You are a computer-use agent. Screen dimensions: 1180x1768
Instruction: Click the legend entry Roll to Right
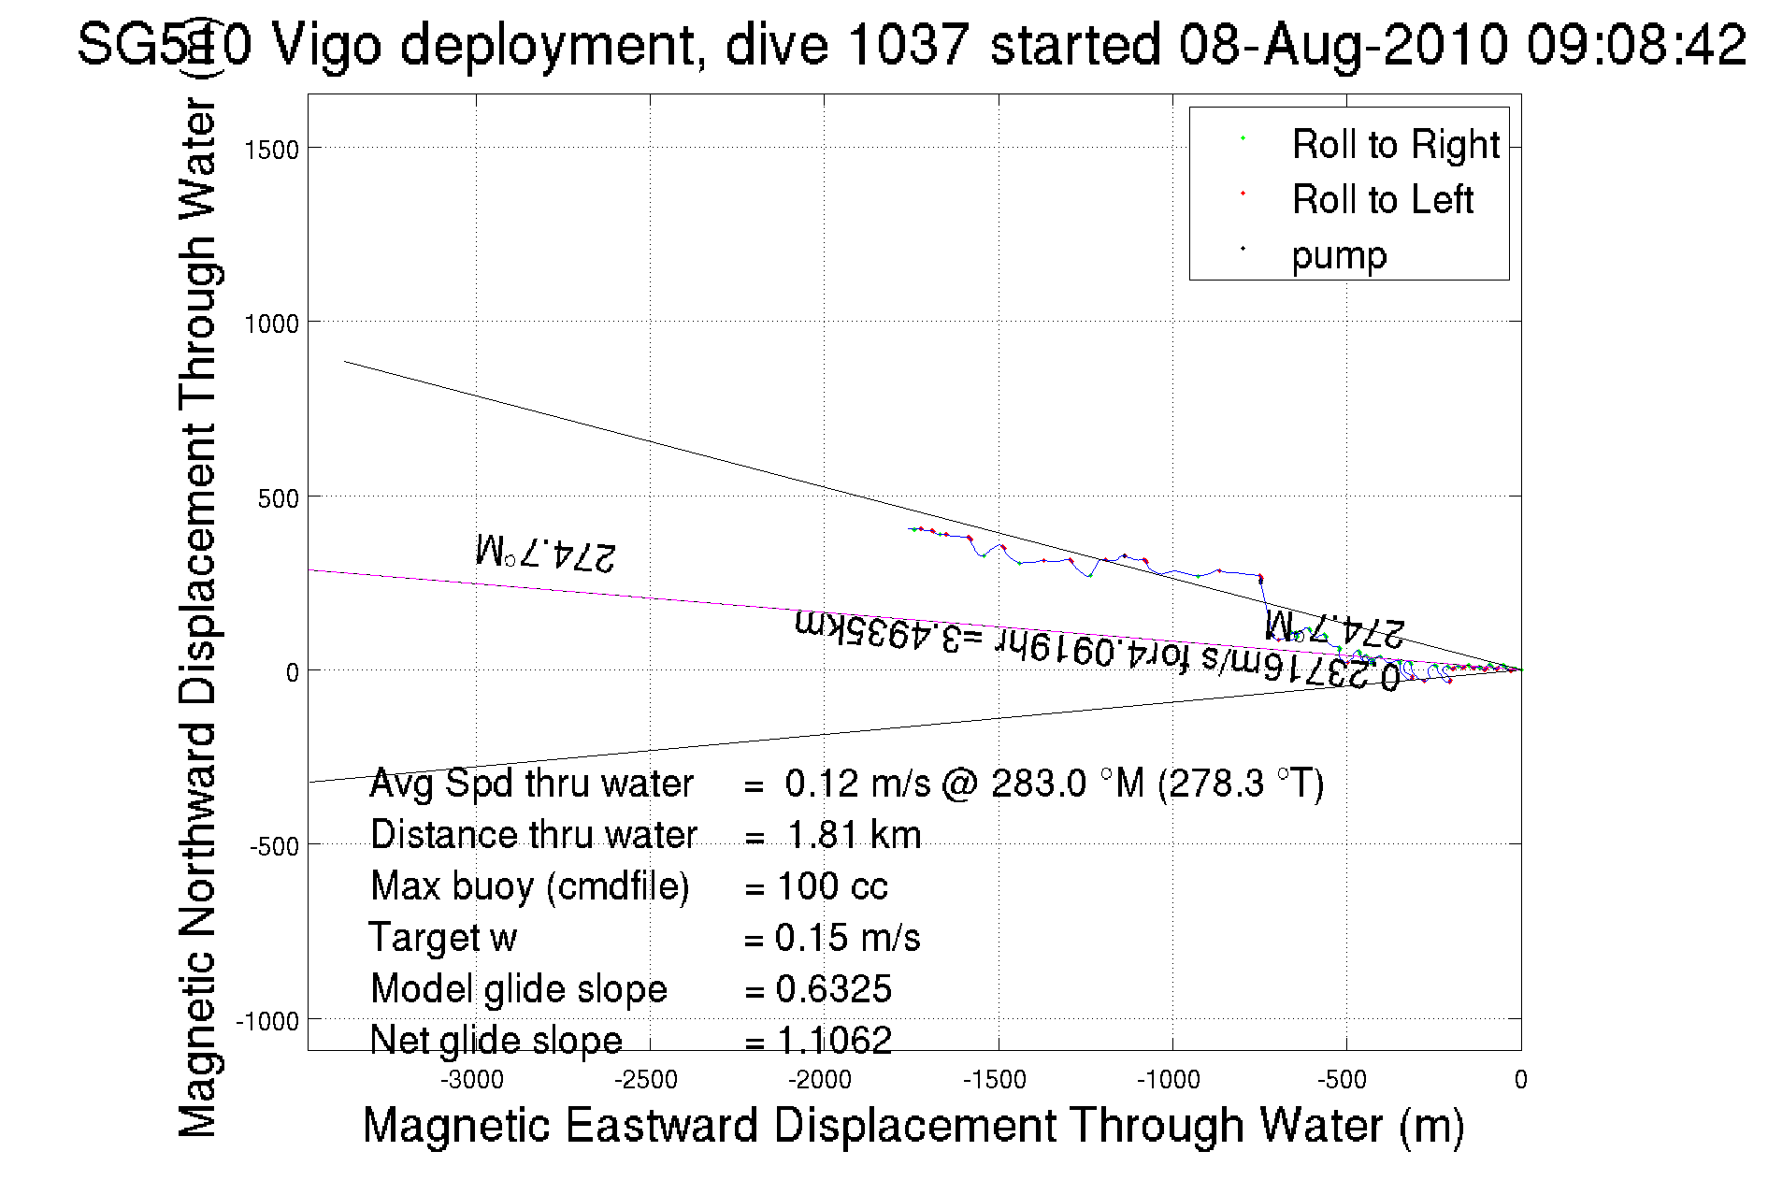coord(1395,145)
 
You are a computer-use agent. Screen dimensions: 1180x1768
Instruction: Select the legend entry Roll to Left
coord(1382,200)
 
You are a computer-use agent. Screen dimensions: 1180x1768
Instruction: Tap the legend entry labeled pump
coord(1339,255)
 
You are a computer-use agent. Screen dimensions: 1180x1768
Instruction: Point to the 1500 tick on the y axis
coord(271,150)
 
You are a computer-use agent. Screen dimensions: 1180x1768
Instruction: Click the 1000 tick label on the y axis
coord(271,324)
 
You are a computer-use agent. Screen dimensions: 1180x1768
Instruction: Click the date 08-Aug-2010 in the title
coord(1343,44)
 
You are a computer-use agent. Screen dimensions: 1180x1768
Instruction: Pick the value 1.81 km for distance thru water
coord(854,835)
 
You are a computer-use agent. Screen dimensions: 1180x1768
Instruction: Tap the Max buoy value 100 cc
coord(832,886)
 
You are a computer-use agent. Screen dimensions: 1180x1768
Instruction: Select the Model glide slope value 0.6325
coord(833,989)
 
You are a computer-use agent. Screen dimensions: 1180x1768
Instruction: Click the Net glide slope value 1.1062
coord(834,1040)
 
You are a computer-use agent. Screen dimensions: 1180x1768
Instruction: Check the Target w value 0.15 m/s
coord(847,938)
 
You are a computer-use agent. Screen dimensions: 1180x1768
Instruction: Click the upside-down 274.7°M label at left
coord(546,553)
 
